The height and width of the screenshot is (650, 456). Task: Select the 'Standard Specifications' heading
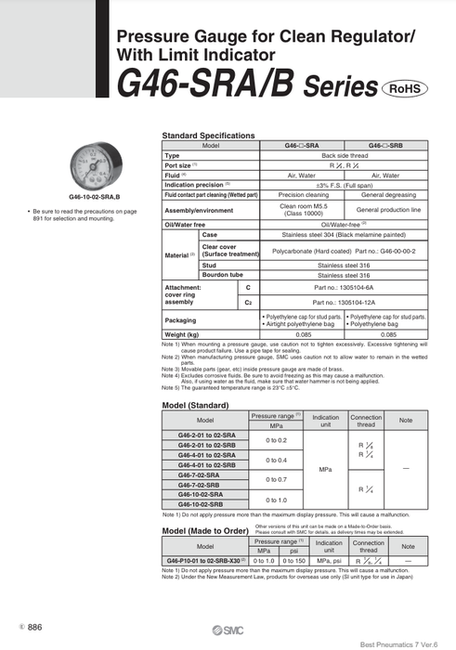(208, 136)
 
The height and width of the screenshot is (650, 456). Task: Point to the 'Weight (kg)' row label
(181, 333)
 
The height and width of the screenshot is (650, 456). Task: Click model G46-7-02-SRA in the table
(201, 474)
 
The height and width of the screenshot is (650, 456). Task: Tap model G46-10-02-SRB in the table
(201, 504)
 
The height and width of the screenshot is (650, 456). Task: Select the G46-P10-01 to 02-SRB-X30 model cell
(204, 561)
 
